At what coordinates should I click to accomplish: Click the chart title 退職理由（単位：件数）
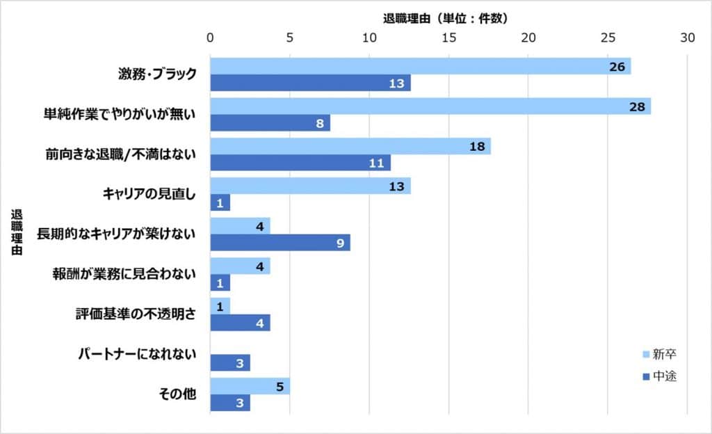[x=445, y=18]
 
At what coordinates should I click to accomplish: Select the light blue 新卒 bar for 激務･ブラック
[x=420, y=66]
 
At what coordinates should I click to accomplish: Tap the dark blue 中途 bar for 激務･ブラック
[x=310, y=83]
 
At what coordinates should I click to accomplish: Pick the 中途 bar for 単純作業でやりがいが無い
[x=270, y=123]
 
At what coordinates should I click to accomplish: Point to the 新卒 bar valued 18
[x=350, y=146]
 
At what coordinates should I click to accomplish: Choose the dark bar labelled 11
[x=300, y=163]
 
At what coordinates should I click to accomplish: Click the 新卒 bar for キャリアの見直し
[x=310, y=186]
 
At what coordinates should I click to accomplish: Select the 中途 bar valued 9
[x=280, y=243]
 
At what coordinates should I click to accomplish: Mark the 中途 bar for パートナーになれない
[x=229, y=363]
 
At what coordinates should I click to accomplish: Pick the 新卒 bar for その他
[x=250, y=387]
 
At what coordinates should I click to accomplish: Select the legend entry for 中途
[x=659, y=377]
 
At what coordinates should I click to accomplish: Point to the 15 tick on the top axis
[x=449, y=38]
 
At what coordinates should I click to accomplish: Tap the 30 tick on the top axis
[x=688, y=38]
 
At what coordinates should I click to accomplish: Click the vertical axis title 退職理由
[x=16, y=234]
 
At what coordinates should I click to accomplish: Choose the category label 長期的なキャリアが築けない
[x=115, y=234]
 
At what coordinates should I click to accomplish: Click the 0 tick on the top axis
[x=210, y=38]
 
